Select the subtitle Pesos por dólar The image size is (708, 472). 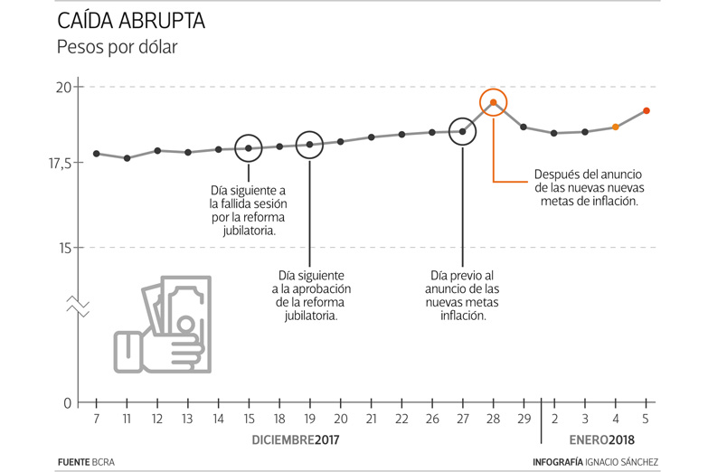point(117,47)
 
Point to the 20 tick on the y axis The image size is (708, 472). point(63,88)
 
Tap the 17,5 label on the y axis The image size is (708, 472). point(59,163)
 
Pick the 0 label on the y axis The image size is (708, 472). point(67,403)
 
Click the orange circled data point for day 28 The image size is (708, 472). point(493,102)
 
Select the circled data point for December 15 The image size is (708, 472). point(249,147)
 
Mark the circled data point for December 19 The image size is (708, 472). point(309,145)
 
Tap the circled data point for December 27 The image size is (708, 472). point(462,131)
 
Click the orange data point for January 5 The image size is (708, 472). point(647,110)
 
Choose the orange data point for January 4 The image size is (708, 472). point(616,127)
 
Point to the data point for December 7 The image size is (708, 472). point(96,154)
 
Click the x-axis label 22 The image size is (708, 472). point(401,420)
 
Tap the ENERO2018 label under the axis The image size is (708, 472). point(602,440)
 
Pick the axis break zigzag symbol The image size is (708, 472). point(77,306)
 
